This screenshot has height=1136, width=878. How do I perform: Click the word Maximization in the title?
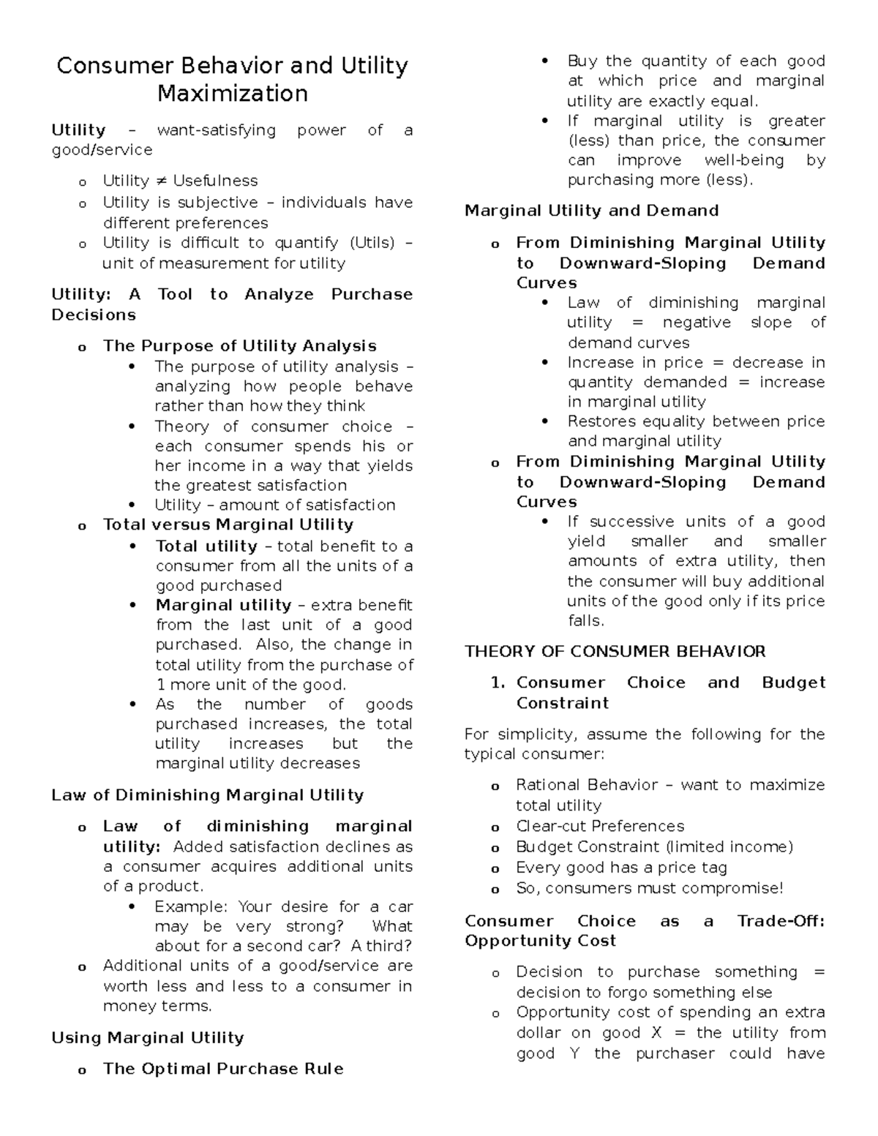tap(233, 94)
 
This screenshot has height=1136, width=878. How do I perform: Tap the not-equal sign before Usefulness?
tap(161, 181)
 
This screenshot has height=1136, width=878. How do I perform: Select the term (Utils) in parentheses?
tap(372, 243)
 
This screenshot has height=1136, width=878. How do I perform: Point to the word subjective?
tap(218, 203)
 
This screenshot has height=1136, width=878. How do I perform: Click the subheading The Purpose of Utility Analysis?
tap(239, 346)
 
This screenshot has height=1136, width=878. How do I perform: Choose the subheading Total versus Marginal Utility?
tap(228, 524)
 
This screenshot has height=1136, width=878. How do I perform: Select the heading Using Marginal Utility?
tap(148, 1038)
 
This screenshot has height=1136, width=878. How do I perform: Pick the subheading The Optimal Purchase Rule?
tap(223, 1069)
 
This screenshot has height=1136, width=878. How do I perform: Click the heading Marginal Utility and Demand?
tap(591, 211)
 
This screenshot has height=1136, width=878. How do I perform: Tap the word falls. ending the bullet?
tap(586, 621)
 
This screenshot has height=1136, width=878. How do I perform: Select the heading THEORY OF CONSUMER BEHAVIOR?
tap(615, 652)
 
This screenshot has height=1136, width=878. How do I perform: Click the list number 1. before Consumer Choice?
tap(498, 682)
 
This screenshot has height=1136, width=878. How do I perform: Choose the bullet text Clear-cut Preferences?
tap(600, 826)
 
